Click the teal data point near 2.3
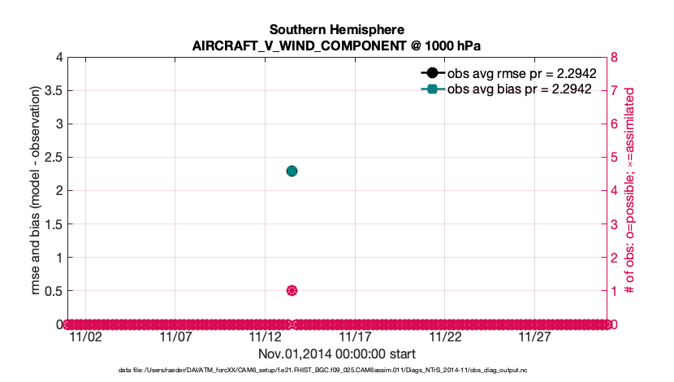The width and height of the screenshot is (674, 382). [292, 171]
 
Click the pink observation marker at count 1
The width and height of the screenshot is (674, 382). [292, 290]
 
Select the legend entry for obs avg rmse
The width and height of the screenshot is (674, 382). [522, 73]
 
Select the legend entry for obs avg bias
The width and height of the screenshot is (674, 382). [522, 89]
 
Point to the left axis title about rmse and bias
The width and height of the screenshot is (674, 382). [37, 189]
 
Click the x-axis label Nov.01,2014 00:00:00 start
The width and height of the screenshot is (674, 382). [337, 354]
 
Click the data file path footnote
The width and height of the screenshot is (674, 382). [337, 371]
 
